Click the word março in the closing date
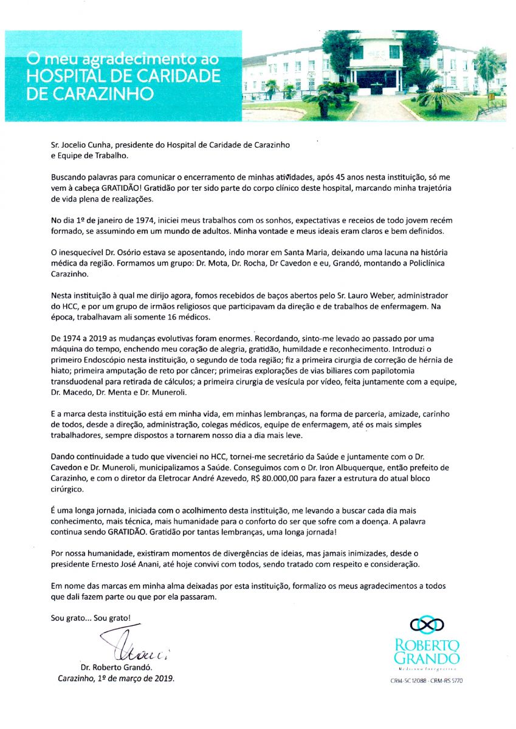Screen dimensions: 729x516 pyautogui.click(x=129, y=679)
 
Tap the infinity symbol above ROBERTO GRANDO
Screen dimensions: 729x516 pyautogui.click(x=427, y=623)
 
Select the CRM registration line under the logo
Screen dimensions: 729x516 pyautogui.click(x=427, y=681)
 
